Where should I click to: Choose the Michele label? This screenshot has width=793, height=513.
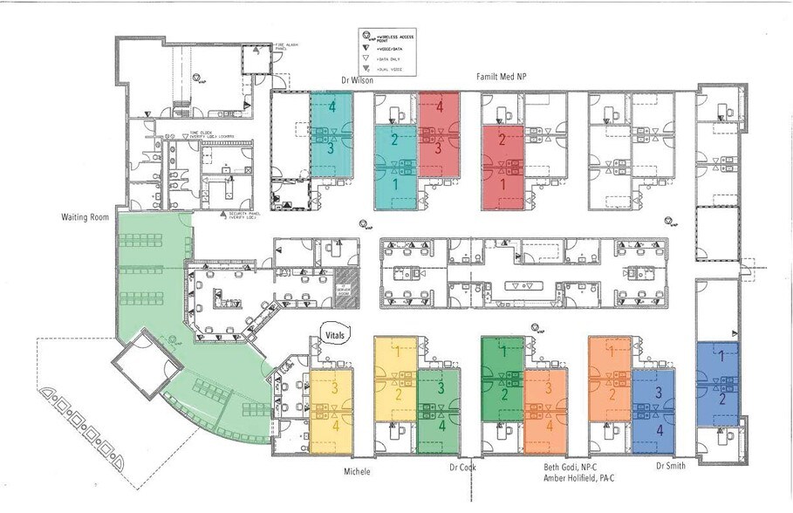[356, 471]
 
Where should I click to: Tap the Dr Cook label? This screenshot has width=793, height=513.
[462, 469]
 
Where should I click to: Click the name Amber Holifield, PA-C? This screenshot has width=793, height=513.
[572, 479]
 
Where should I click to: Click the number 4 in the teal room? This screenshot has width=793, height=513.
[332, 107]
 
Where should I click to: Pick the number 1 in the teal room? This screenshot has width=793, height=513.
[395, 185]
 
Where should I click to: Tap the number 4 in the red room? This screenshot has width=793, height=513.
[440, 107]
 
